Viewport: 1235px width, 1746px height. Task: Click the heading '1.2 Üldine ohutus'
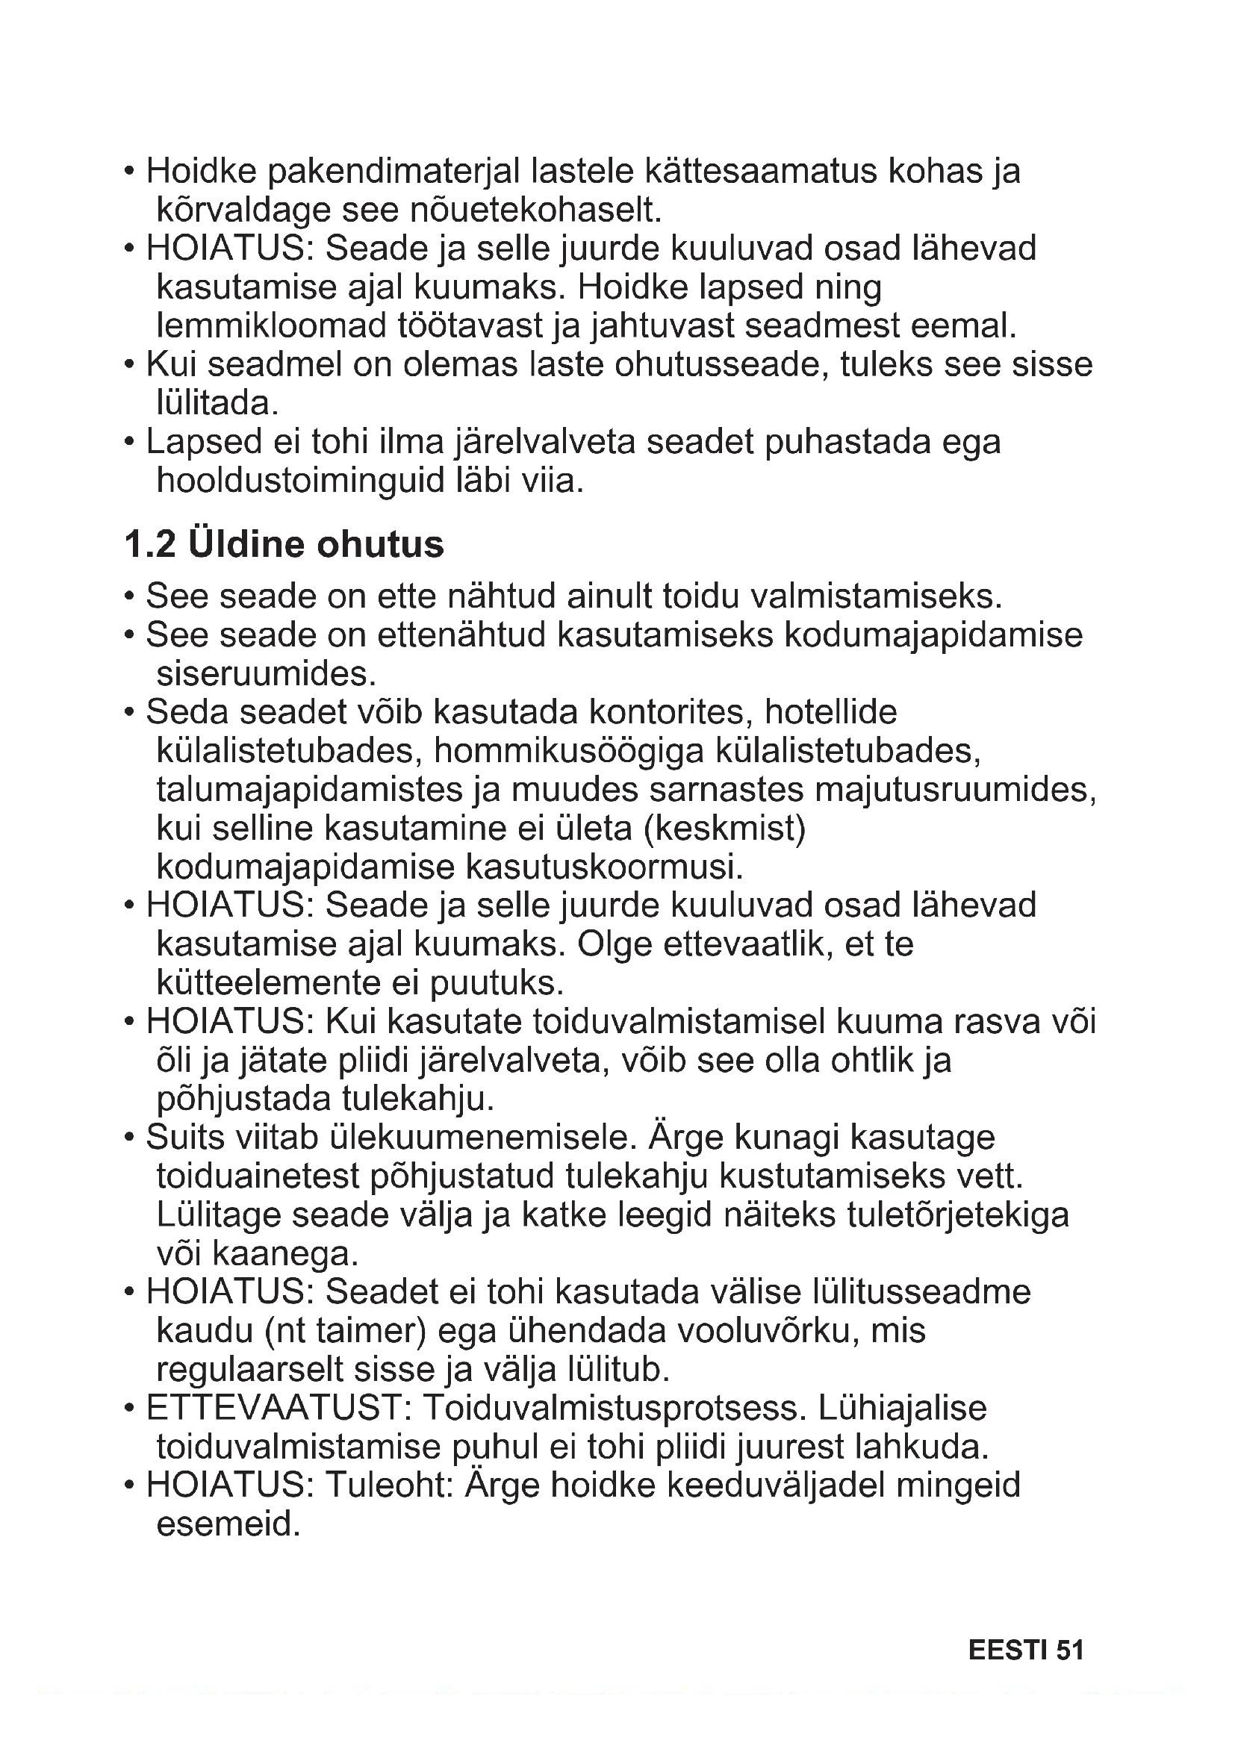click(x=284, y=544)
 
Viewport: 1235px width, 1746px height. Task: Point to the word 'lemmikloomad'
click(x=272, y=326)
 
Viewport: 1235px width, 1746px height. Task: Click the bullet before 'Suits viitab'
click(x=130, y=1138)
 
